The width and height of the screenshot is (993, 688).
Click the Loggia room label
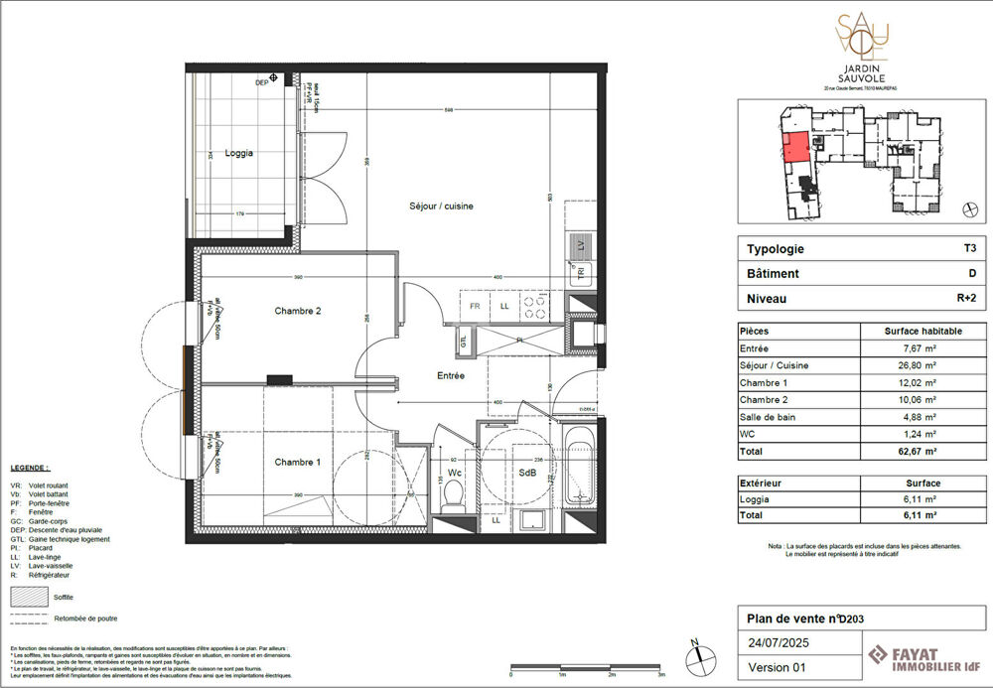pyautogui.click(x=238, y=153)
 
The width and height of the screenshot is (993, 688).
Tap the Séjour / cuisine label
pyautogui.click(x=441, y=206)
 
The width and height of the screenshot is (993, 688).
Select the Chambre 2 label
pyautogui.click(x=298, y=311)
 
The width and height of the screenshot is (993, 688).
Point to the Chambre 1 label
pyautogui.click(x=298, y=463)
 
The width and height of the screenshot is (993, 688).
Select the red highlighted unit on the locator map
pyautogui.click(x=793, y=150)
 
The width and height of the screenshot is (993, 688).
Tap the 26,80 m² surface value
pyautogui.click(x=920, y=365)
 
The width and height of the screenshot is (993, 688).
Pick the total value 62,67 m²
pyautogui.click(x=920, y=452)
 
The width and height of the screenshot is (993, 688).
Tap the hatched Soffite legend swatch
pyautogui.click(x=29, y=598)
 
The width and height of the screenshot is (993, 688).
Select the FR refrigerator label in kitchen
pyautogui.click(x=475, y=306)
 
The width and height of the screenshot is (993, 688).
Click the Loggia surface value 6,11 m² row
pyautogui.click(x=920, y=499)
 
